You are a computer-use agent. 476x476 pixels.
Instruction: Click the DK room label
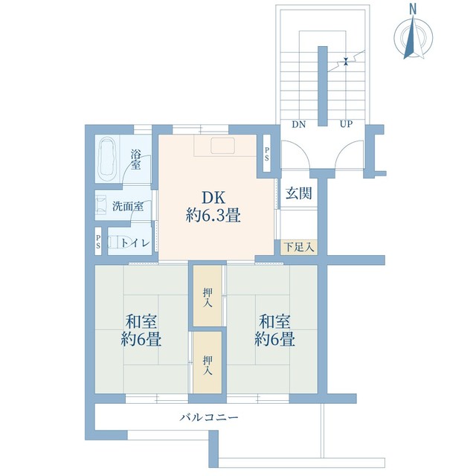[213, 198]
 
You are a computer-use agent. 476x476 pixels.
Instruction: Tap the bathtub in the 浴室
[108, 158]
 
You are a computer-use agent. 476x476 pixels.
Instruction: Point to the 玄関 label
[299, 193]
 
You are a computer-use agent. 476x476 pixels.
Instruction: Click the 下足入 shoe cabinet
[299, 247]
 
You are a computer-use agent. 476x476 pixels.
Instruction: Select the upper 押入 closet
[208, 296]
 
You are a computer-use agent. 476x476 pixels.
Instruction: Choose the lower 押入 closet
[208, 363]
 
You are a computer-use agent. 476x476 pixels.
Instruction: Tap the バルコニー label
[209, 417]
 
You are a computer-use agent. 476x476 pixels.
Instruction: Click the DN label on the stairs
[299, 124]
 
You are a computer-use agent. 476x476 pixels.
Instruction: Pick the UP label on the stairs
[346, 124]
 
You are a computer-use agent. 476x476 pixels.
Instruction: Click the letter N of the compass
[413, 10]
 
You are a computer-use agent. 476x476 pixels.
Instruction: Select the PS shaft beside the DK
[266, 153]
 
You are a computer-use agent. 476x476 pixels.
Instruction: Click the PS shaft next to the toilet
[98, 242]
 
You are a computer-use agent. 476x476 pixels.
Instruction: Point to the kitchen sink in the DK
[223, 146]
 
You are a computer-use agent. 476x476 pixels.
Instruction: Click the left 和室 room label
[141, 322]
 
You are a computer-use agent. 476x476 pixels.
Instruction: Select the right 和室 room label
[274, 322]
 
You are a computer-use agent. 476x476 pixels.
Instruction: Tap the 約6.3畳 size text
[213, 216]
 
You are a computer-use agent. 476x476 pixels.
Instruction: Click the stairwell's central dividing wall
[322, 86]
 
